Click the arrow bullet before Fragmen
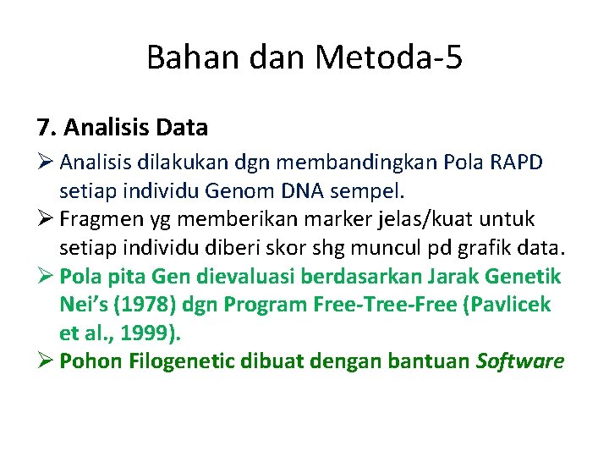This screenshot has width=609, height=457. tap(45, 220)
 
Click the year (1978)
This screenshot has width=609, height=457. tap(145, 305)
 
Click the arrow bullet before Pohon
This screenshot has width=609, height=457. tap(45, 361)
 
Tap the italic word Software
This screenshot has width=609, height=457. tap(520, 361)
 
